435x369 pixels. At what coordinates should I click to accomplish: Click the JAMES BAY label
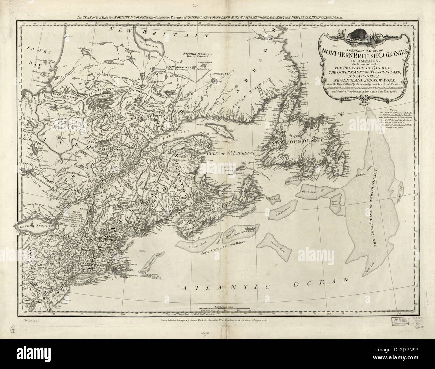[x=37, y=54]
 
